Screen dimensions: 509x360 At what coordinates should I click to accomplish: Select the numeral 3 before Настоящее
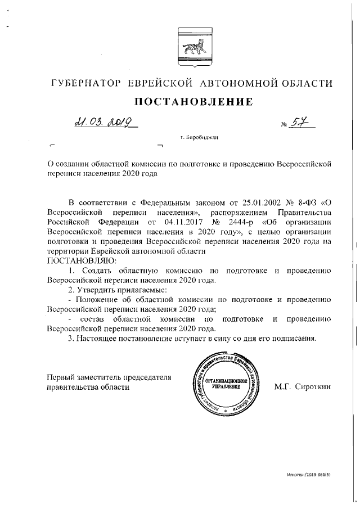point(70,339)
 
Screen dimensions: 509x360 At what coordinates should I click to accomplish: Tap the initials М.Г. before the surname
point(286,386)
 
